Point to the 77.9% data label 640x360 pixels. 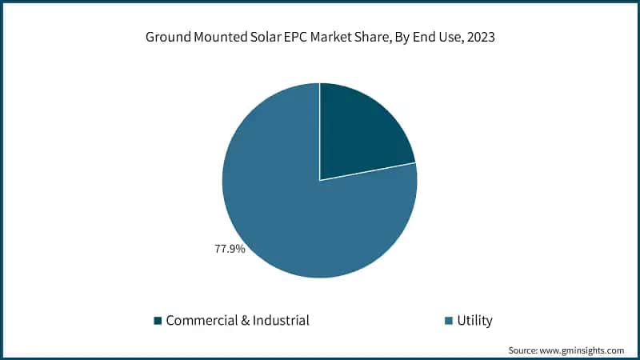click(230, 249)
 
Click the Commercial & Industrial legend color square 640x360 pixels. click(158, 321)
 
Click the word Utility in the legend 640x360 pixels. click(474, 321)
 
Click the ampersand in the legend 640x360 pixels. click(242, 321)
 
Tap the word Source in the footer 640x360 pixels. click(525, 350)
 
